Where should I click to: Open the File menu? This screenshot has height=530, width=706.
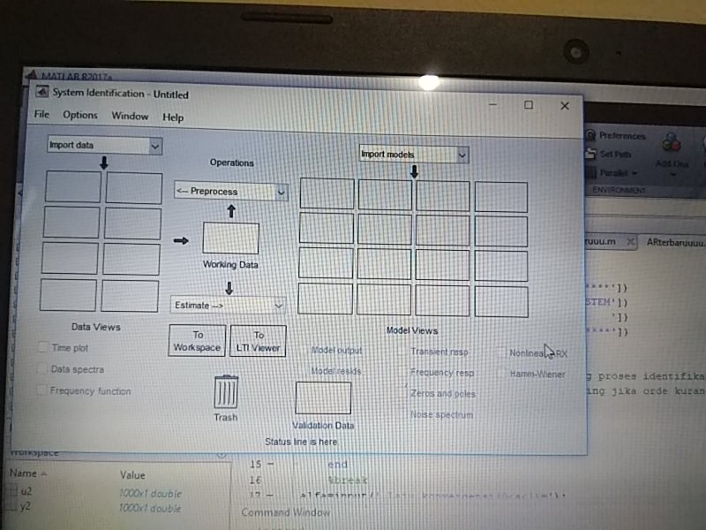[41, 116]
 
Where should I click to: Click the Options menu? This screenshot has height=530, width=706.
[80, 116]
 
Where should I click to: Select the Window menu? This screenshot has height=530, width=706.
[130, 116]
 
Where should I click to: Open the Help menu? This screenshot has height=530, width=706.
[173, 117]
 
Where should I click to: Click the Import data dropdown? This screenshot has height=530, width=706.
[104, 146]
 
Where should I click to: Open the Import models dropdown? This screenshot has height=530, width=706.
[413, 155]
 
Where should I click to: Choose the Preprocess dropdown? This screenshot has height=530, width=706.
[230, 191]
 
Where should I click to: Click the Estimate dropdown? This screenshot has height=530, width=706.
[228, 306]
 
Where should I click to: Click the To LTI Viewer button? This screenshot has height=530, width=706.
[259, 342]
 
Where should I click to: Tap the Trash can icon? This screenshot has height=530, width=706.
[226, 392]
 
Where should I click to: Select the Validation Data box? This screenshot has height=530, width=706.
[322, 398]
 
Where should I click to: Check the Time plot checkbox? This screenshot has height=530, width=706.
[43, 348]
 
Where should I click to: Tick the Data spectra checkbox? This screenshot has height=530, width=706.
[42, 369]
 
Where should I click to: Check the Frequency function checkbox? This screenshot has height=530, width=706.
[42, 390]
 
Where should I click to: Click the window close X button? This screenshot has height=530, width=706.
[565, 105]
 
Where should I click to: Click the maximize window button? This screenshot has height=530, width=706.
[529, 105]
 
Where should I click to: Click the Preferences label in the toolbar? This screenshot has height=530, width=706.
[622, 136]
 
